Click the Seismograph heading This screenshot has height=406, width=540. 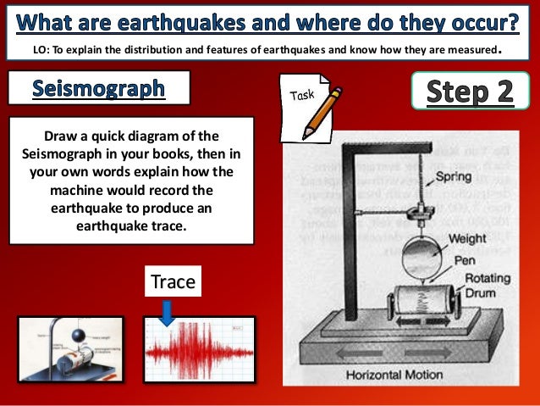coord(98,89)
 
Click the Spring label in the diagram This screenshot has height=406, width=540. coord(455,178)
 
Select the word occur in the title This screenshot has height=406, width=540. coord(478,18)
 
